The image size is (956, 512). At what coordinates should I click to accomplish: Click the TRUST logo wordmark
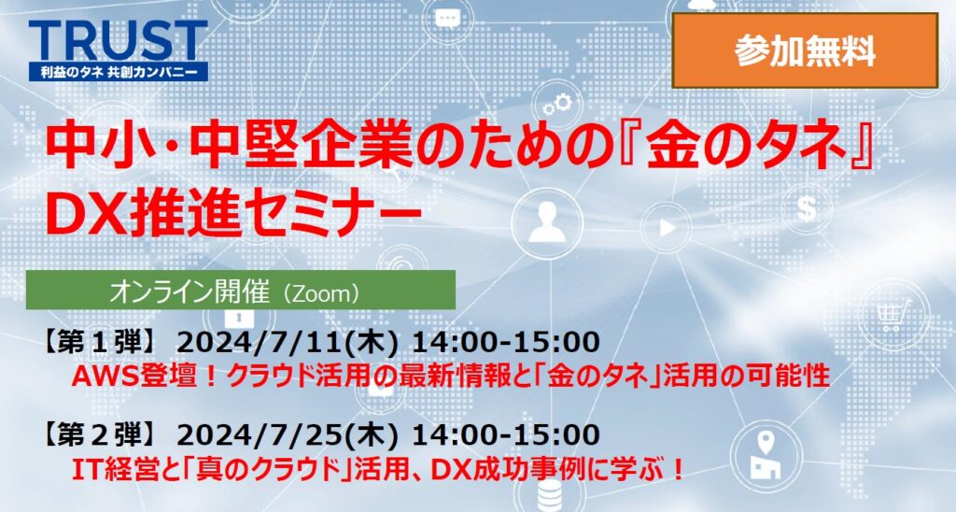(118, 41)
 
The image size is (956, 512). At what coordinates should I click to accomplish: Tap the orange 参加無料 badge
(805, 50)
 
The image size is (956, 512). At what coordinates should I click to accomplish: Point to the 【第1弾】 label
(101, 342)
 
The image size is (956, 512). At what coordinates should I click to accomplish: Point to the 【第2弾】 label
(101, 435)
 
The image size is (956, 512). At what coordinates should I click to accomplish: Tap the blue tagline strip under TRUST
(119, 72)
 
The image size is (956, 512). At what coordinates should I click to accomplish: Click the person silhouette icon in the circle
(547, 222)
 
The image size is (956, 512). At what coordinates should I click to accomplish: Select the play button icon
(668, 228)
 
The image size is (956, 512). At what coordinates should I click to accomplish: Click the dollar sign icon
(807, 207)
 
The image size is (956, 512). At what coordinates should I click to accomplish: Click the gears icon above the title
(558, 104)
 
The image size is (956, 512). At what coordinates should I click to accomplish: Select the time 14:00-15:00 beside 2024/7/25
(506, 435)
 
